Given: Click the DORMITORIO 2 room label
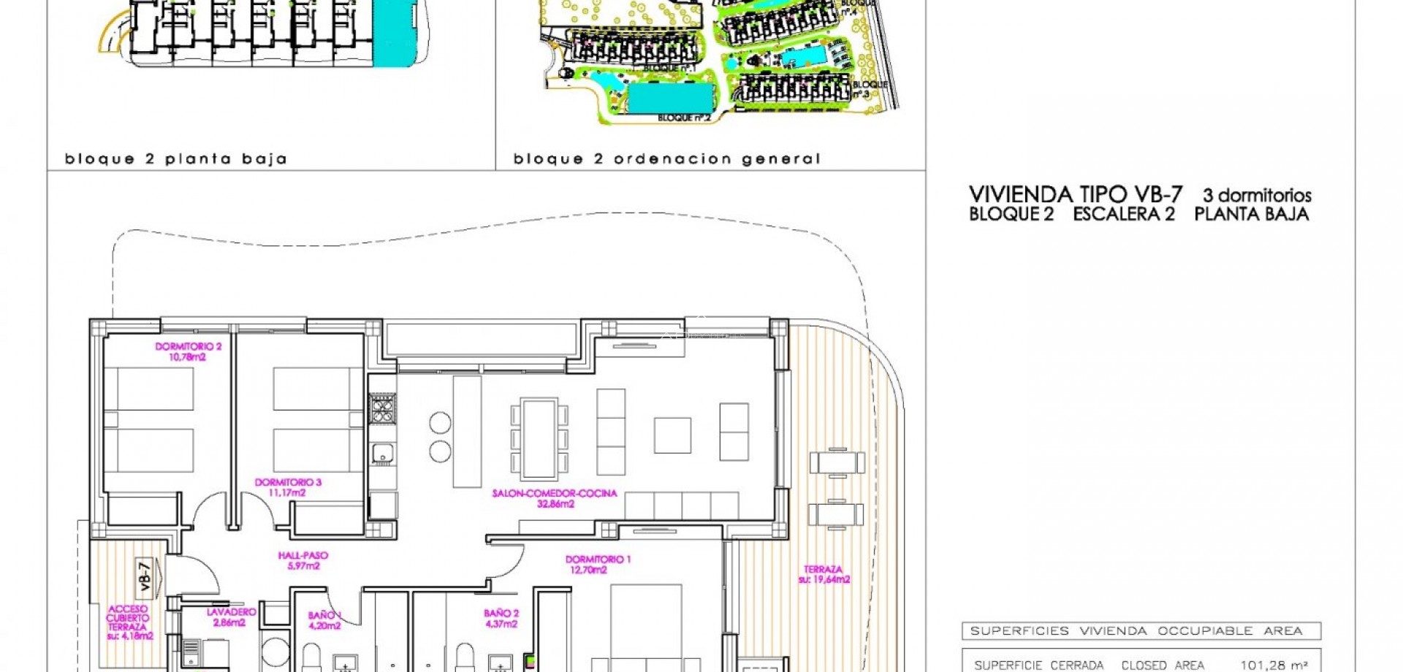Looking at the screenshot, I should pyautogui.click(x=188, y=351).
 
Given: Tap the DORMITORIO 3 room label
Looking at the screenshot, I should pyautogui.click(x=287, y=487).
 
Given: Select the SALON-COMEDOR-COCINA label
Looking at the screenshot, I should pyautogui.click(x=555, y=498).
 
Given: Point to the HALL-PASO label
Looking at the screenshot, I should pyautogui.click(x=303, y=560).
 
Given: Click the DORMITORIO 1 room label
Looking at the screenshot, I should pyautogui.click(x=598, y=565).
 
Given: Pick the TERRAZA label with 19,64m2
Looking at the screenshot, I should pyautogui.click(x=824, y=574).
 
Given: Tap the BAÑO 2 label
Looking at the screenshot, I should pyautogui.click(x=501, y=619).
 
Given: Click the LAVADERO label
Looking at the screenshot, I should pyautogui.click(x=231, y=617).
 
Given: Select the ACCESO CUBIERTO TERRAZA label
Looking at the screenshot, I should pyautogui.click(x=129, y=622).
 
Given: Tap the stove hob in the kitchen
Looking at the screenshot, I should pyautogui.click(x=382, y=408).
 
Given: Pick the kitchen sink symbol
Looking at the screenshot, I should pyautogui.click(x=382, y=454).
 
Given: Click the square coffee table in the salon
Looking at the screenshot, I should pyautogui.click(x=672, y=435).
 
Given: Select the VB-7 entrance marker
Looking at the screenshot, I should pyautogui.click(x=145, y=576).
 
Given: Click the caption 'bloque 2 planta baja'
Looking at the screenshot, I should pyautogui.click(x=175, y=159).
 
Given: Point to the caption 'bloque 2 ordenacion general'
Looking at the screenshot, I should pyautogui.click(x=666, y=159).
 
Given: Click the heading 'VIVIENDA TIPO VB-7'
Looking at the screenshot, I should pyautogui.click(x=1075, y=194).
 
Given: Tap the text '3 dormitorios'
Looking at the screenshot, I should pyautogui.click(x=1257, y=196).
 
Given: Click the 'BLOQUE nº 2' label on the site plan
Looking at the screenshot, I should pyautogui.click(x=684, y=118).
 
